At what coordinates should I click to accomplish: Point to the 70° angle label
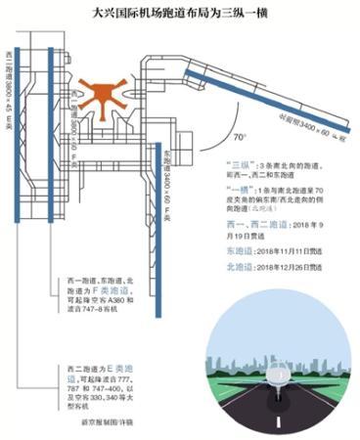(239, 127)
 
